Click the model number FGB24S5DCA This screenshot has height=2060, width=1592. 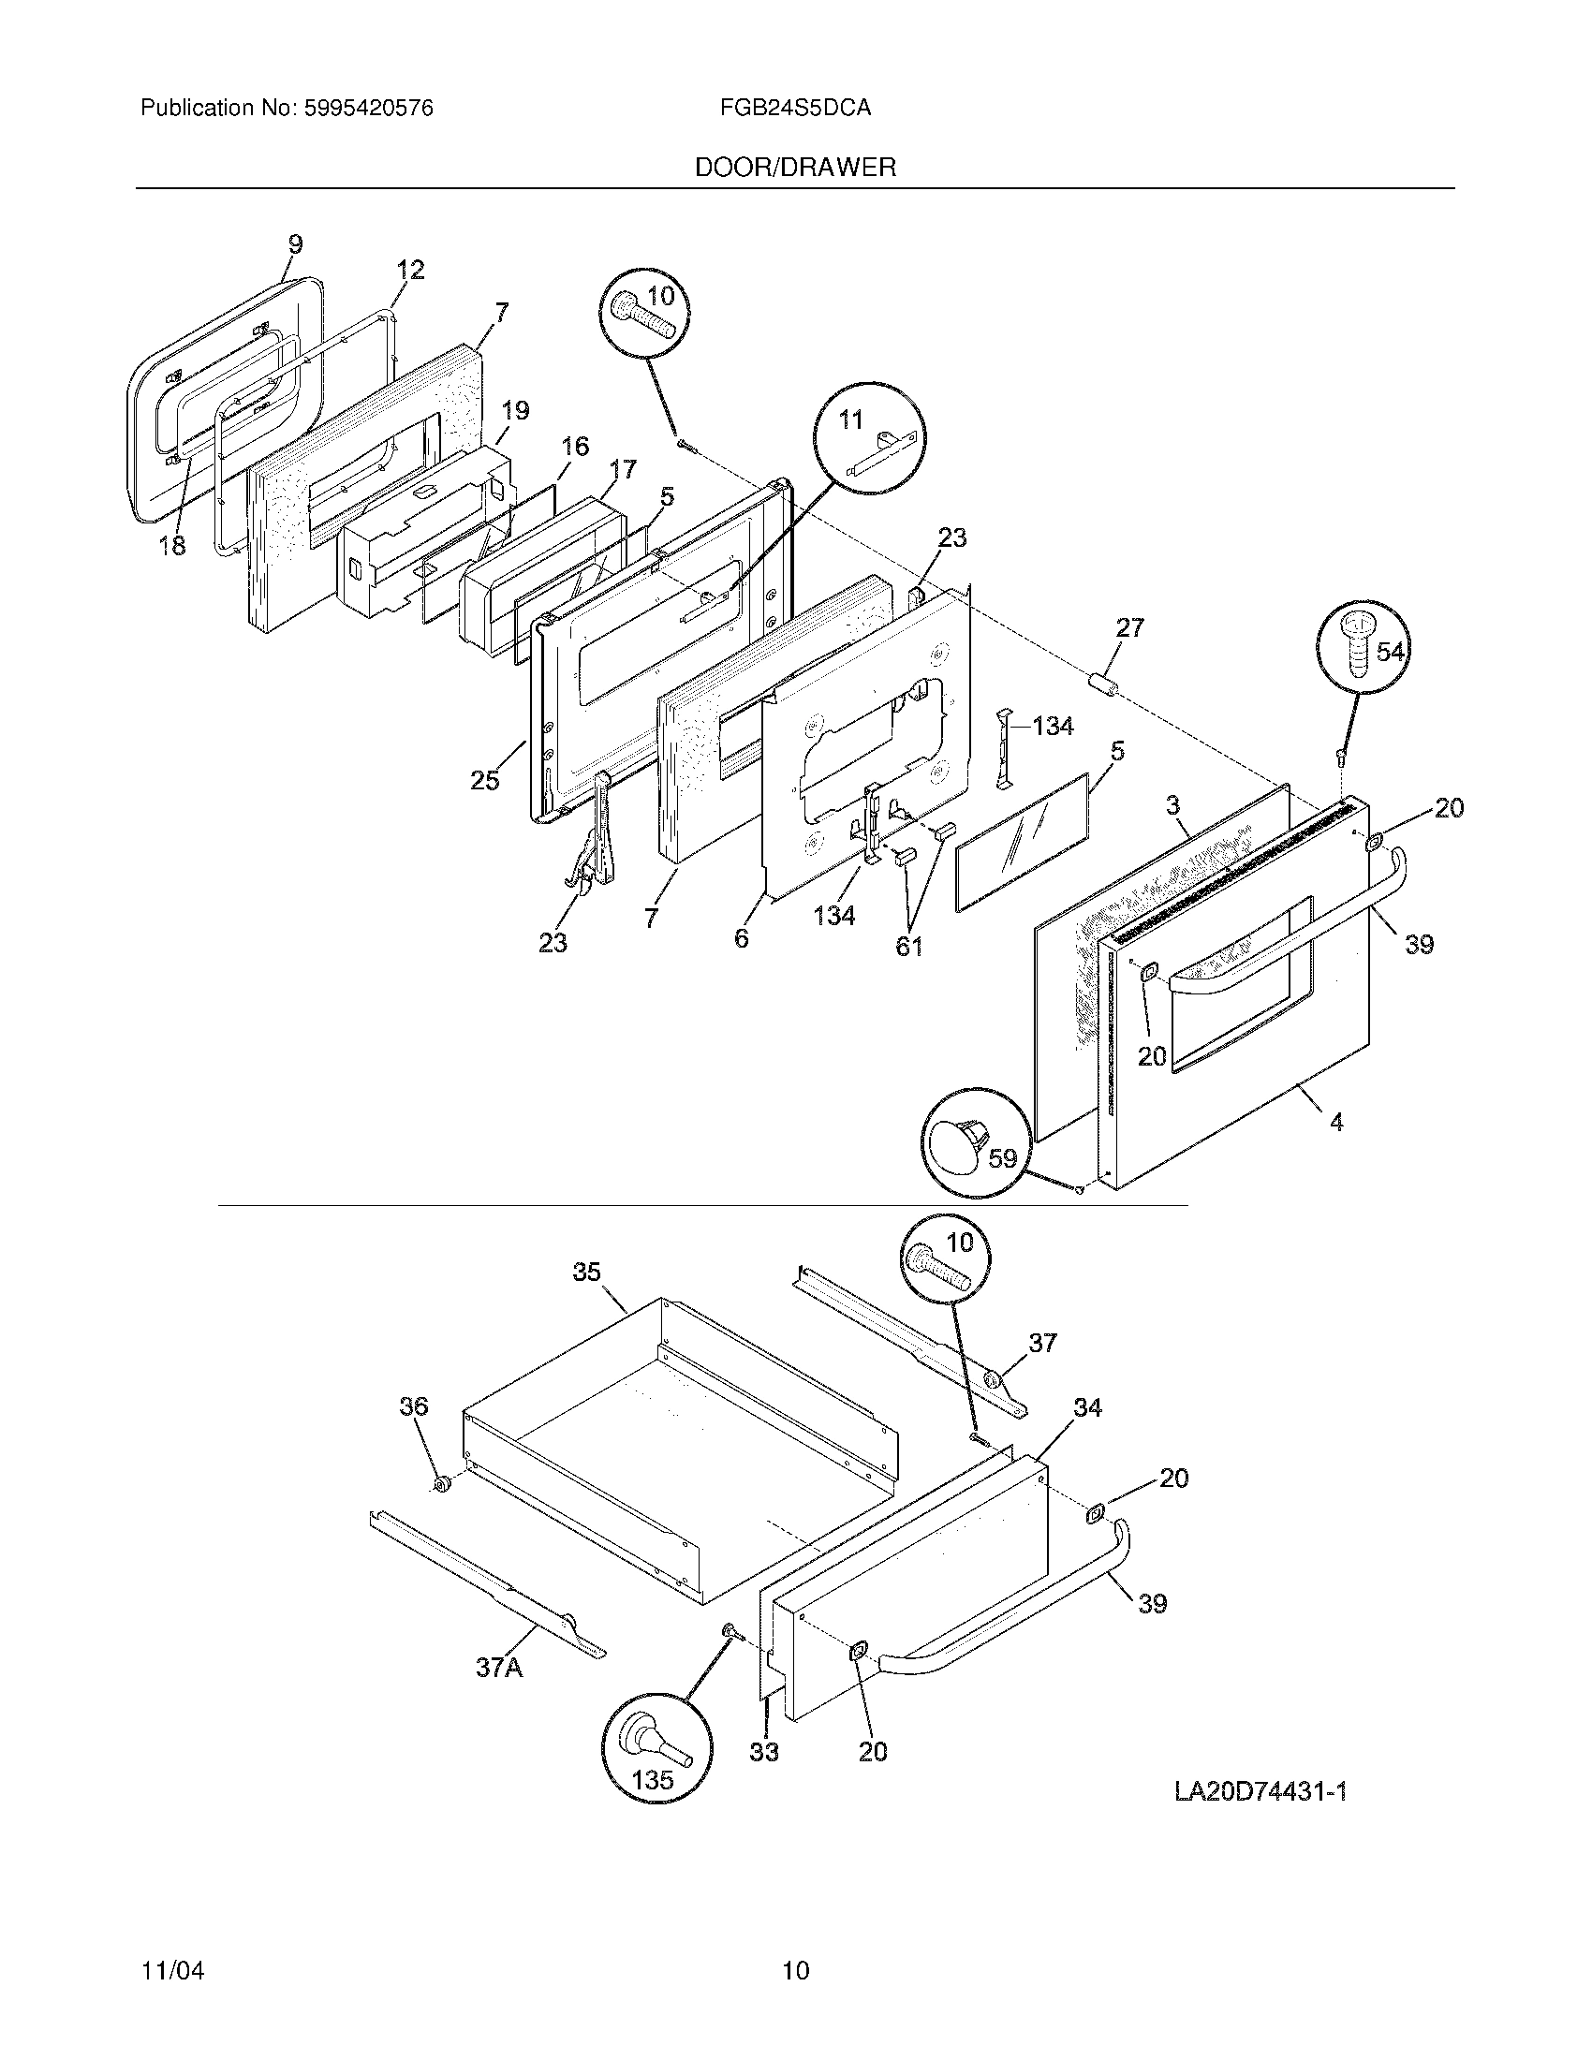[x=794, y=109]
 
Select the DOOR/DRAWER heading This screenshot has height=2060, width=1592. [x=795, y=168]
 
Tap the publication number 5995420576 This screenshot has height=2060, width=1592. [x=368, y=109]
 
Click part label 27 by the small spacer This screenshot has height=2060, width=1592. [x=1129, y=627]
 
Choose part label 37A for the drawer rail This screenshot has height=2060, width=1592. [x=498, y=1668]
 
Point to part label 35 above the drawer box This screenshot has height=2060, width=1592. [x=586, y=1273]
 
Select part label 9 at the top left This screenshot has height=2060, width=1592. [x=295, y=245]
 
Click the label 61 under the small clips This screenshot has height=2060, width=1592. [x=908, y=947]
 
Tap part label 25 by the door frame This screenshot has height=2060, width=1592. [x=485, y=780]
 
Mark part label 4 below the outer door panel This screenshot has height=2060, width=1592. [x=1335, y=1122]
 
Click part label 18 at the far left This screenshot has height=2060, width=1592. [x=171, y=545]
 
